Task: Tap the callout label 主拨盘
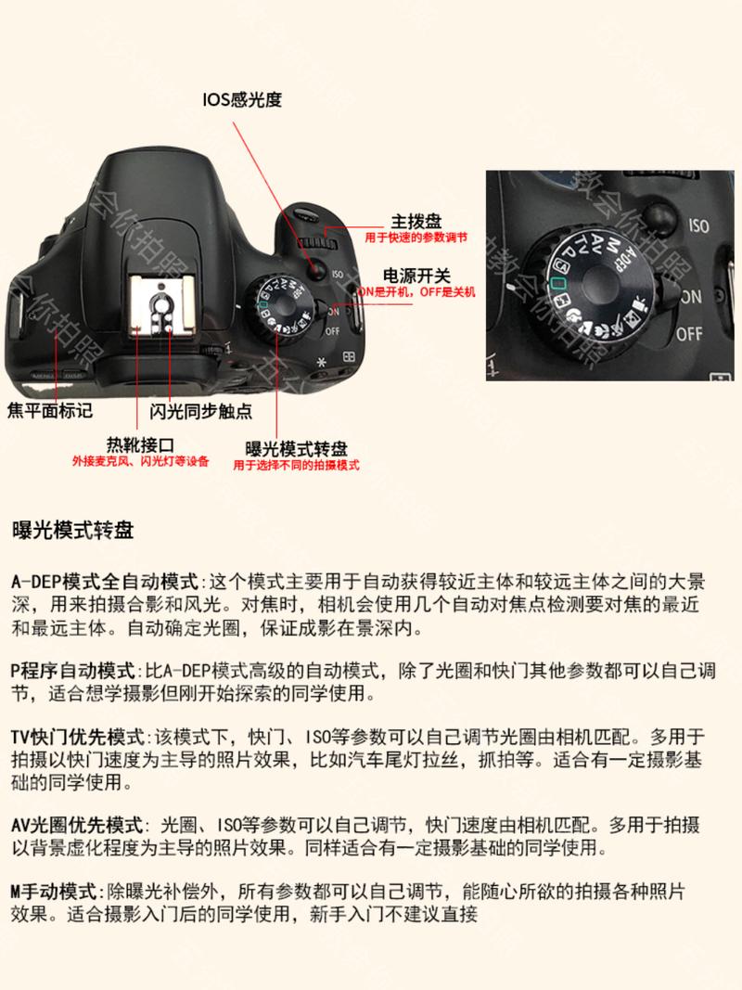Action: point(416,222)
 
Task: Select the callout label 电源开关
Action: point(417,276)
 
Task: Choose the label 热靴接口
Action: point(141,444)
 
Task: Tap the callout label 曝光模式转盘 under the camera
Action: point(296,447)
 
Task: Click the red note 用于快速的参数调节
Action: point(415,238)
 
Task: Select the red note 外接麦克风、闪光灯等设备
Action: point(141,461)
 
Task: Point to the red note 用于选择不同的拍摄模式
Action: point(296,465)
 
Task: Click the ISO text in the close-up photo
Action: point(697,225)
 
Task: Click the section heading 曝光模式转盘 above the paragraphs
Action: point(72,532)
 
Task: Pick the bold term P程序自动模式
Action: point(73,670)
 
